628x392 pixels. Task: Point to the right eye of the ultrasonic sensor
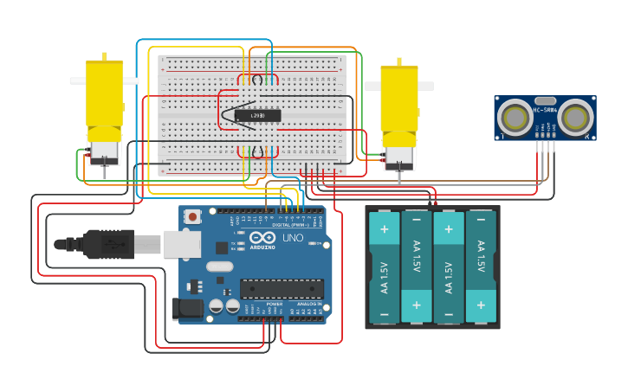point(575,117)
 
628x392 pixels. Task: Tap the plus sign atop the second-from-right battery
point(449,228)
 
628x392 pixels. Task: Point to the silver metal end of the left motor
point(104,152)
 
